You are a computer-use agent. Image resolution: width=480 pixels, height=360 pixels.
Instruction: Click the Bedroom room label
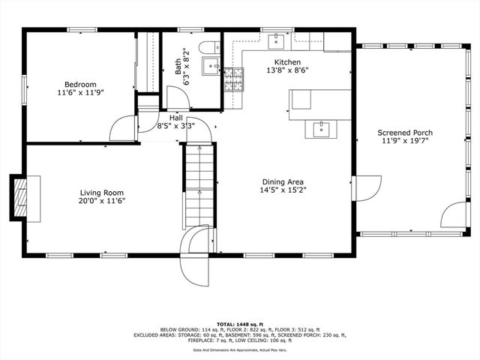pyautogui.click(x=80, y=84)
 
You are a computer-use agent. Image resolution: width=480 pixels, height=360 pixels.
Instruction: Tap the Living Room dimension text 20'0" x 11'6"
pyautogui.click(x=102, y=201)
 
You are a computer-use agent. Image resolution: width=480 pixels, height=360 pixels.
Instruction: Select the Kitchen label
pyautogui.click(x=287, y=62)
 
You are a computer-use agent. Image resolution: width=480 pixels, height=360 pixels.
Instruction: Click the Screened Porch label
pyautogui.click(x=404, y=133)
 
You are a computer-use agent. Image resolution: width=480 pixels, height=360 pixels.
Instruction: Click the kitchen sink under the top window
pyautogui.click(x=277, y=37)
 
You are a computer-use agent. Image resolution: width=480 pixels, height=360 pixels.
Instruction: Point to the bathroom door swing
pyautogui.click(x=177, y=97)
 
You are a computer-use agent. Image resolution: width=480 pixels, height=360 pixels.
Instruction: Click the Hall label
pyautogui.click(x=175, y=118)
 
